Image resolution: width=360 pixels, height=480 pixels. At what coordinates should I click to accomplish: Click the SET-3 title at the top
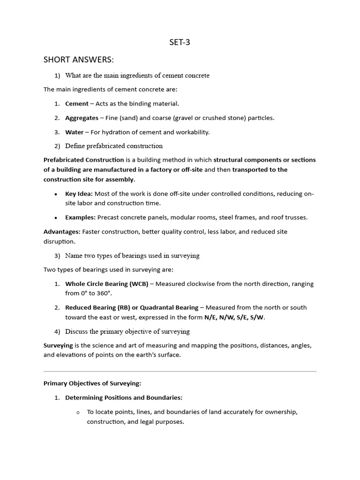point(180,43)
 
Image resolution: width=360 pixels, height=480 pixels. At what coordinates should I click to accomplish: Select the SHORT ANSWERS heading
point(79,60)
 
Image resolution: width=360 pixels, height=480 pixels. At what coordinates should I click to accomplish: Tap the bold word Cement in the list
point(76,104)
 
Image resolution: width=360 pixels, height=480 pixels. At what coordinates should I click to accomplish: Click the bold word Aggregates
point(82,118)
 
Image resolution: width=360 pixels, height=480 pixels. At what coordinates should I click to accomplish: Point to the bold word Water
point(74,132)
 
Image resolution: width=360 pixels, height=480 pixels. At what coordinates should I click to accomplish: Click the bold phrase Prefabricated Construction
point(84,160)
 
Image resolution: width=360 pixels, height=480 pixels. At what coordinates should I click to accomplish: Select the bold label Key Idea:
point(79,194)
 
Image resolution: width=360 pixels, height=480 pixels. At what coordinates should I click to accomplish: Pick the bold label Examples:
point(80,217)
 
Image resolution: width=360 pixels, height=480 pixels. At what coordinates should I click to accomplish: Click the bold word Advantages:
point(62,232)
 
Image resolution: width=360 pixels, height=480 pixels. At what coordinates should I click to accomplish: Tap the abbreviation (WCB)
point(139,284)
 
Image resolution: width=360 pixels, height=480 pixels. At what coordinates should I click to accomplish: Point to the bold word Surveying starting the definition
point(58,345)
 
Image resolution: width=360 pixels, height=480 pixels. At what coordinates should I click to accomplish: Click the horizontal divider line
point(180,371)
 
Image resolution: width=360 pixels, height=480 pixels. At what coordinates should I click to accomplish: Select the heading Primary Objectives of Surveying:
point(92,383)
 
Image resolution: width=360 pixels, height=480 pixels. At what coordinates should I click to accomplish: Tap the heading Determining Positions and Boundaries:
point(124,397)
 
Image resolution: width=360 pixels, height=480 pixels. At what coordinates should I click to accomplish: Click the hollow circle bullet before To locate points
point(77,412)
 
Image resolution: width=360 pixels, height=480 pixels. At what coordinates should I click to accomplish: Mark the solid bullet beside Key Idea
point(56,194)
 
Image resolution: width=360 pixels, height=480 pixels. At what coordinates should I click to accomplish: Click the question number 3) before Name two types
point(57,255)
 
